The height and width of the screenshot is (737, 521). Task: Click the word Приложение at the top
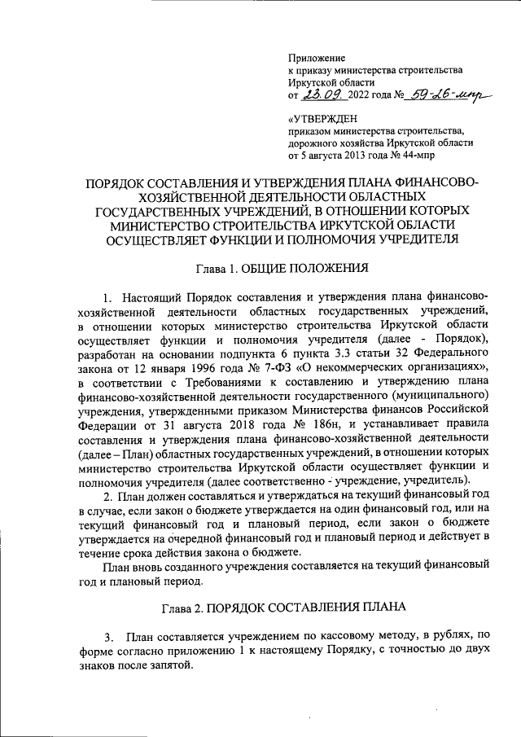(317, 58)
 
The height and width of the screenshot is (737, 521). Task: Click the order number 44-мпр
(437, 155)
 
